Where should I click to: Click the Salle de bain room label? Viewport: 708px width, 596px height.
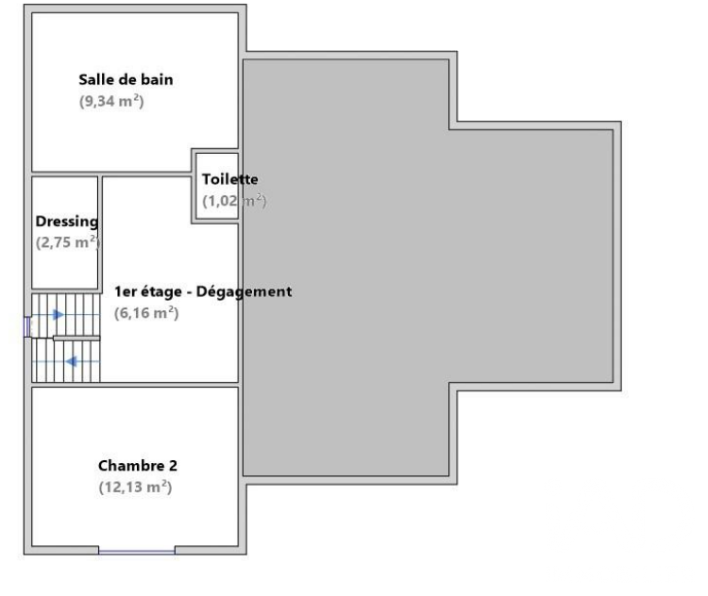point(126,80)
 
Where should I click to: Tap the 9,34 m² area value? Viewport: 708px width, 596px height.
point(111,101)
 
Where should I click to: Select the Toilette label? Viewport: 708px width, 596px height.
point(229,179)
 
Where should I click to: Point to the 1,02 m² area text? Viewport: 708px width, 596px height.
point(234,200)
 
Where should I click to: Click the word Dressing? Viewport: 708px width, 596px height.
point(67,222)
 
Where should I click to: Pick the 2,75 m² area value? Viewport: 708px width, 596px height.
point(68,242)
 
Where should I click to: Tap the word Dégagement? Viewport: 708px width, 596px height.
point(244,292)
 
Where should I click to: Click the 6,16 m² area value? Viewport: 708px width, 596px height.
point(146,313)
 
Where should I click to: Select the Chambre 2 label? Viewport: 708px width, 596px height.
point(138,466)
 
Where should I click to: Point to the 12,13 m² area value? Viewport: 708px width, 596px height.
point(135,488)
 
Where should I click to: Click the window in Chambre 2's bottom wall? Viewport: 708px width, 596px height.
point(137,551)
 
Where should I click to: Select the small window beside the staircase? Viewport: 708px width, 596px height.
point(26,326)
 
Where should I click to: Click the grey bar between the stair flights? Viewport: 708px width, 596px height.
point(76,338)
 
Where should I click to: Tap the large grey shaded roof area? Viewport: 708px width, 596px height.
point(406,266)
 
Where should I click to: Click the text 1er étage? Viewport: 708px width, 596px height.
point(148,292)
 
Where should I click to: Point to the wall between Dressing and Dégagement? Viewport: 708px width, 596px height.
point(100,233)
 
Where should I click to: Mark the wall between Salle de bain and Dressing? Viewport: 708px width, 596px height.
point(65,174)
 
